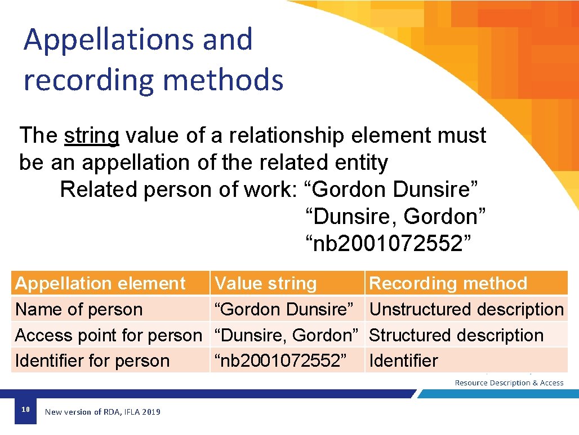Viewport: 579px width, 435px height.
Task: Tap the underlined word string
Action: point(92,136)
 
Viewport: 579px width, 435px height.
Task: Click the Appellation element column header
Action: point(100,283)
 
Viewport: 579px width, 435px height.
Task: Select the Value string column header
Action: point(266,283)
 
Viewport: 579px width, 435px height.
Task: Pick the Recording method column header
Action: point(448,283)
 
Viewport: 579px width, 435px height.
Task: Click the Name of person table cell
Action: point(79,309)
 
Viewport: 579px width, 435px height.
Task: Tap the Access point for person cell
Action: point(108,335)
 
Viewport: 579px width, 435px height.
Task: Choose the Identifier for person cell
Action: point(92,361)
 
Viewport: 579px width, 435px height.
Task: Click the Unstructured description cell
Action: point(466,309)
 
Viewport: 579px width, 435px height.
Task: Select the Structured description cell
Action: point(456,335)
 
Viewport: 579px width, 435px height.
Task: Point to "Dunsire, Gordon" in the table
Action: point(287,335)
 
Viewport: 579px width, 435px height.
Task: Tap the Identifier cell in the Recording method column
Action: point(403,361)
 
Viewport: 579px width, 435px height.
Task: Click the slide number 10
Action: point(25,410)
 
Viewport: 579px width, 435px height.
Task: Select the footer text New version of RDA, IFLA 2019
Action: point(103,412)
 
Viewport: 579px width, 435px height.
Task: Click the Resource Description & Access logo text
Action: point(509,383)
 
